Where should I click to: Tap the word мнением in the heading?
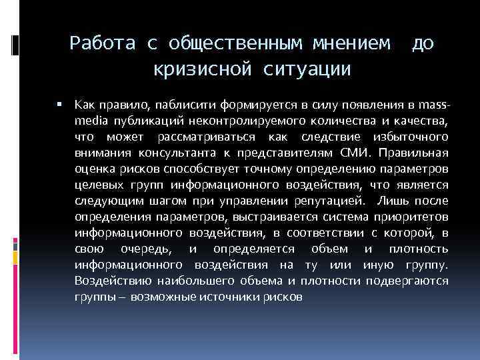(x=347, y=43)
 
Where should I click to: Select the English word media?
(x=90, y=121)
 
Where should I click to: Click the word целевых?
(x=98, y=185)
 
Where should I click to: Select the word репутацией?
(x=329, y=200)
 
